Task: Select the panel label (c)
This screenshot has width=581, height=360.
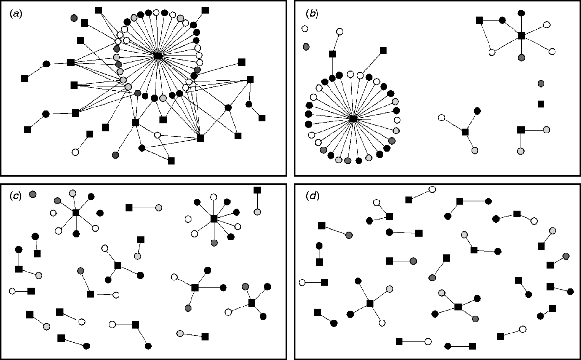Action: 15,196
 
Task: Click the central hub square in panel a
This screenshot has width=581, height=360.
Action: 158,55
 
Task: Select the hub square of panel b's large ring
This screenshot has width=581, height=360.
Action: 353,119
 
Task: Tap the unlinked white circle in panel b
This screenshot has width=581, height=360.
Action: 304,29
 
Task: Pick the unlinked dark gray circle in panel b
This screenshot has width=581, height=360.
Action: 306,47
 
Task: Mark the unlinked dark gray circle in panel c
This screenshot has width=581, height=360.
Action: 33,194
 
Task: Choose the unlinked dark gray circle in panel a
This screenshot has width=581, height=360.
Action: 74,18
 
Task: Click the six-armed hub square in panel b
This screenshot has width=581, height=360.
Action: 521,35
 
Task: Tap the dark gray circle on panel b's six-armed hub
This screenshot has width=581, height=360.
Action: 521,58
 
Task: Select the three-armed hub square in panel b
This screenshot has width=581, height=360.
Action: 465,132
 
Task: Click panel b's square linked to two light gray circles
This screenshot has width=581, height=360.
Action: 521,130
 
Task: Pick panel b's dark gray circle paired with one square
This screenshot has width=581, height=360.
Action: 541,83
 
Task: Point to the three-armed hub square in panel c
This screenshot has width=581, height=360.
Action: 118,265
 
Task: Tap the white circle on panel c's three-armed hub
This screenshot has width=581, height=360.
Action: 105,248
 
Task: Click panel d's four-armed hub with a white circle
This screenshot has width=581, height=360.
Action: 370,303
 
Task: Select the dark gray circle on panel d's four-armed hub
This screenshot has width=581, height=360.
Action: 475,319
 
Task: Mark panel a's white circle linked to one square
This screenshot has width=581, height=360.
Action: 75,152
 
